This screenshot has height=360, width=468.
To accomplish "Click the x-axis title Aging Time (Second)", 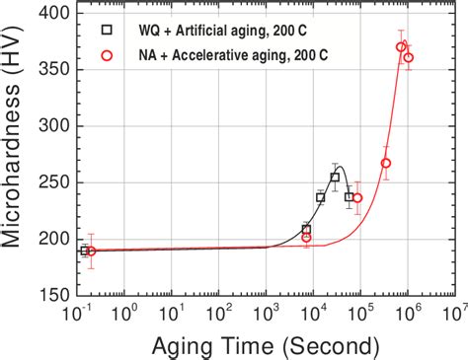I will coord(264,346).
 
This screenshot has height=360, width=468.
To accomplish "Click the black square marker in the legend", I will coord(107,30).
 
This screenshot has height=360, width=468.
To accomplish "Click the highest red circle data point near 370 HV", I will coord(401,47).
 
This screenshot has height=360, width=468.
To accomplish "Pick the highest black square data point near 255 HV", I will coord(335,178).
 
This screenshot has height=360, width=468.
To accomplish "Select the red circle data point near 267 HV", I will coord(386,163).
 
